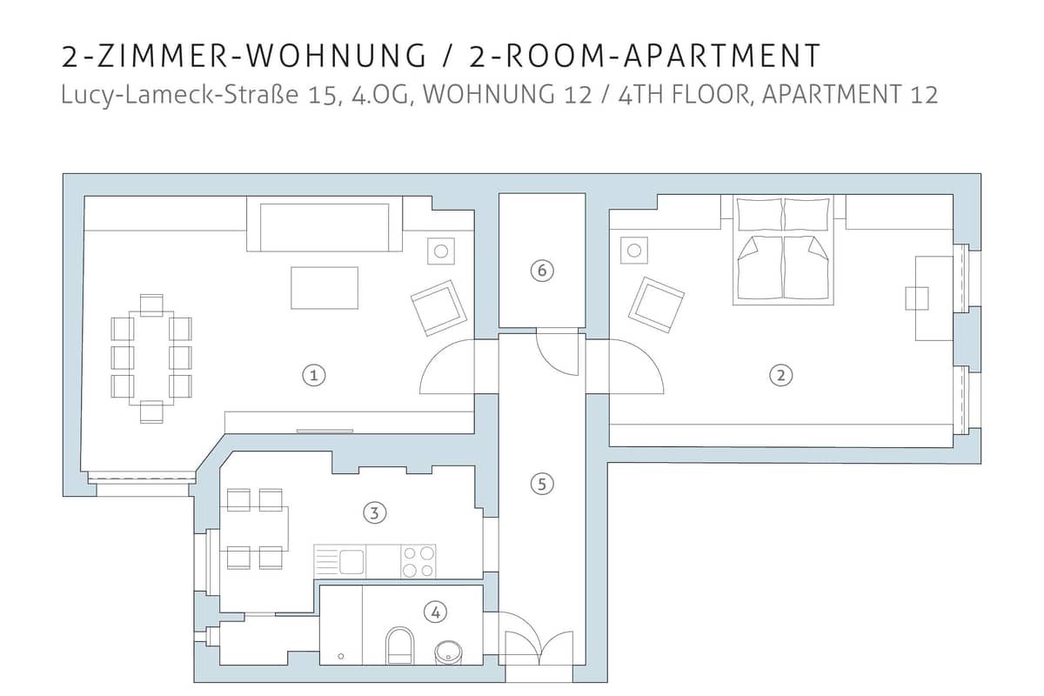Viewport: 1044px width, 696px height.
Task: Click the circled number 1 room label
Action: (314, 375)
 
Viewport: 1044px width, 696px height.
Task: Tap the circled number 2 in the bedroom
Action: (780, 375)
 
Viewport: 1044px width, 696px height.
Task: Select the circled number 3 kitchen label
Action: (374, 513)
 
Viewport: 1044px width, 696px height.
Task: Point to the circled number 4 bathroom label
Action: (435, 612)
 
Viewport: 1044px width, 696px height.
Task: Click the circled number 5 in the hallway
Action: (542, 485)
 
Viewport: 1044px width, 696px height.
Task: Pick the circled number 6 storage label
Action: (542, 271)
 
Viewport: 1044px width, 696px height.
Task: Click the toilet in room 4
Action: (400, 646)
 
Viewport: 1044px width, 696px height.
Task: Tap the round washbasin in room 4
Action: (449, 652)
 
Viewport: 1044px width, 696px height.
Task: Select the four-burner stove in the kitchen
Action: (418, 561)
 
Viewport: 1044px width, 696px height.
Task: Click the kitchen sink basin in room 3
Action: (351, 561)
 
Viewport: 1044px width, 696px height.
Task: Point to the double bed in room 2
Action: (783, 250)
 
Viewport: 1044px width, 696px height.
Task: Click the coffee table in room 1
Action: (325, 288)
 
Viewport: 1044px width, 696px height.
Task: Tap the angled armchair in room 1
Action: (438, 308)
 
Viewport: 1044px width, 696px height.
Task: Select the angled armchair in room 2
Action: (656, 304)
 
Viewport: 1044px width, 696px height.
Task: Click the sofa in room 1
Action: (325, 224)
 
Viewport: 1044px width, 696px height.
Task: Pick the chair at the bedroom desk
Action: (917, 298)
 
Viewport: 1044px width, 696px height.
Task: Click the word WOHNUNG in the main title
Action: (336, 56)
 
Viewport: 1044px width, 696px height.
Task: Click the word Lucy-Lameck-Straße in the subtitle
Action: (179, 96)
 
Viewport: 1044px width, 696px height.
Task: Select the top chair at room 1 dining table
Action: (151, 305)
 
